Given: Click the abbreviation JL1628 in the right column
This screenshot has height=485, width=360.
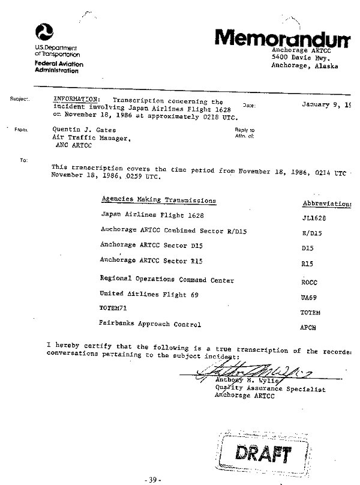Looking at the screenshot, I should pos(313,218).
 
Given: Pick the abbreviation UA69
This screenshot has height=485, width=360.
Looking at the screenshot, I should pos(307,297).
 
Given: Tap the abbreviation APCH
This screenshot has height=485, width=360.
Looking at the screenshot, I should pos(307,329).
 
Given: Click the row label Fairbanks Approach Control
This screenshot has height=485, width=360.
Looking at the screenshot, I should pos(149,324).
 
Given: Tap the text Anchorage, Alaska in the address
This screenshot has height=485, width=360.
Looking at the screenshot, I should pos(305,66).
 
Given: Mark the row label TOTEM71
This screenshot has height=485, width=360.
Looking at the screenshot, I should pos(112,309).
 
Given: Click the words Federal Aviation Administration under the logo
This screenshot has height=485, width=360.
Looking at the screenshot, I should pos(59,67).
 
